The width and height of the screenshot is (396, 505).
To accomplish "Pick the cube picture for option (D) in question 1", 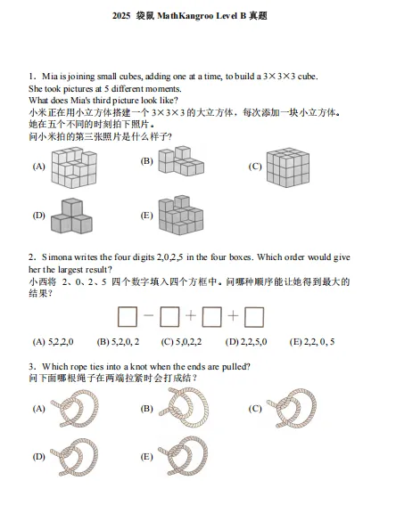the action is [x=72, y=214].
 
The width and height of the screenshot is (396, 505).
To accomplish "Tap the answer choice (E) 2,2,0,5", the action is [x=311, y=341].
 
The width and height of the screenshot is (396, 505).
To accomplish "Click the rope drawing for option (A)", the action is [x=76, y=410].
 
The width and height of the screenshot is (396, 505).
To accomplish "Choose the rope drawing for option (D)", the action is [x=76, y=458].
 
